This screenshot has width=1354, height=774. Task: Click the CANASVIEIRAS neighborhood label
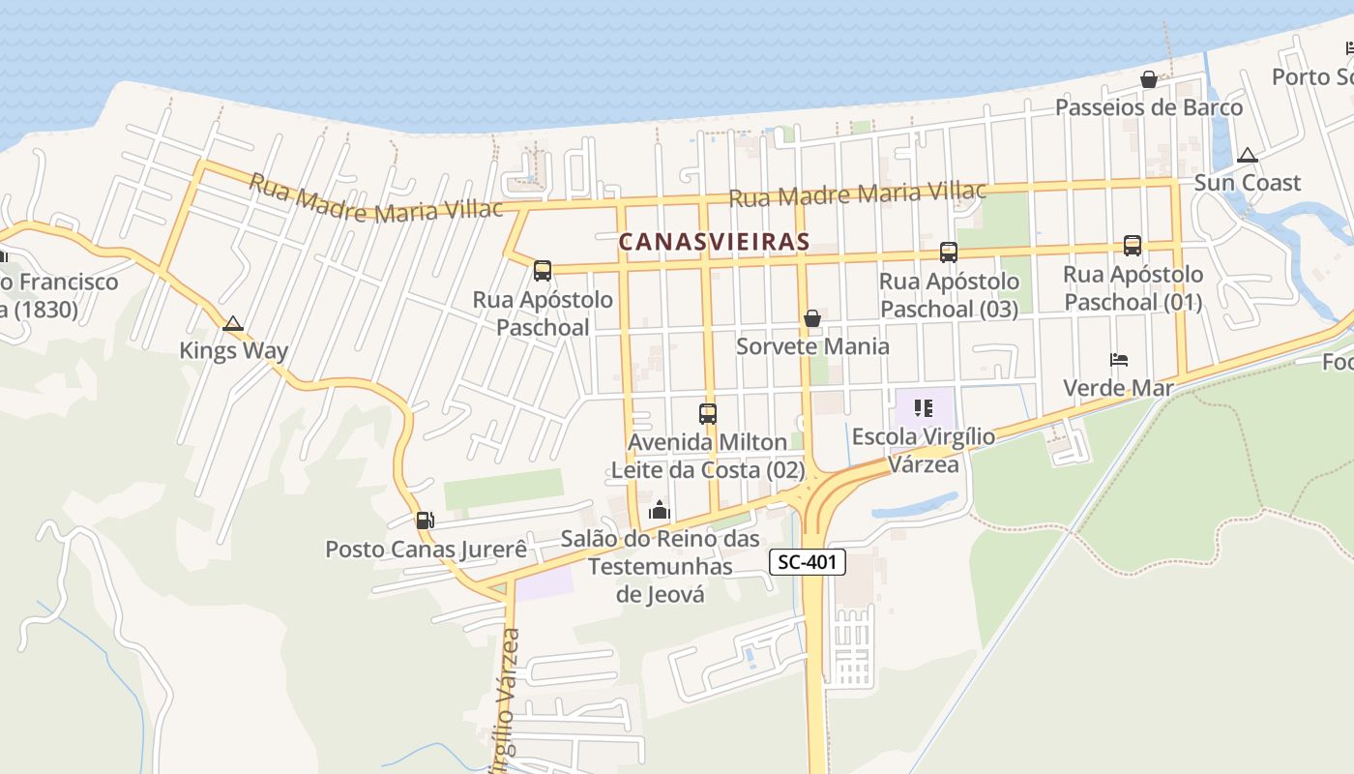pos(714,242)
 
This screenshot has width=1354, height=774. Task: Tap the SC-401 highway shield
pos(809,561)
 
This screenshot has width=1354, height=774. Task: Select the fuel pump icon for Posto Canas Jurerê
pos(425,521)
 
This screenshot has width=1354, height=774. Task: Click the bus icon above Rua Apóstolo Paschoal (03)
pos(949,253)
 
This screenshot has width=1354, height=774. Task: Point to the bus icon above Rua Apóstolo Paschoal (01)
pos(1133,246)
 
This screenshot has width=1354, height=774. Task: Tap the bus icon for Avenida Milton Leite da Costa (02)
pos(708,414)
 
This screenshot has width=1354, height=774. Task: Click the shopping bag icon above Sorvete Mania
pos(812,318)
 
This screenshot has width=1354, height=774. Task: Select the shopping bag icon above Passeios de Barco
pos(1149,79)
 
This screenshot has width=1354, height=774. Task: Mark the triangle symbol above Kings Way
pos(233,323)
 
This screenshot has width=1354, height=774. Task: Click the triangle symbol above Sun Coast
pos(1248,155)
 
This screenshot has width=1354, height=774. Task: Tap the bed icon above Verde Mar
pos(1119,360)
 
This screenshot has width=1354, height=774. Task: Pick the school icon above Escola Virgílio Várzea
pos(924,408)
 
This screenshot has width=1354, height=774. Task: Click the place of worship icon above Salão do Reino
pos(660,510)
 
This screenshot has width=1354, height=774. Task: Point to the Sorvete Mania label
pos(812,346)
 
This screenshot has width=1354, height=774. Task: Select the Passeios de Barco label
pos(1149,107)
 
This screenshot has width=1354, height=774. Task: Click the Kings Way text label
pos(233,350)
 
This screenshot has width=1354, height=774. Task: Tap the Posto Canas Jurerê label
pos(426,550)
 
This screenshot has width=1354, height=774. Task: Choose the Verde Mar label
pos(1118,388)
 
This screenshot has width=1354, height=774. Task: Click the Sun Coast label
pos(1248,183)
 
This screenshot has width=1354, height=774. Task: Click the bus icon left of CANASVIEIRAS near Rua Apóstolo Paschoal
pos(543,271)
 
